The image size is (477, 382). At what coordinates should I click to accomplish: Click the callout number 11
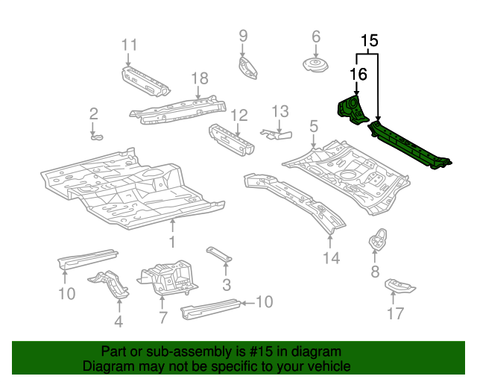pos(130,44)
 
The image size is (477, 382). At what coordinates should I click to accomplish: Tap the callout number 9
pos(242,35)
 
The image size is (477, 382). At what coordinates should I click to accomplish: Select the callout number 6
pos(315,36)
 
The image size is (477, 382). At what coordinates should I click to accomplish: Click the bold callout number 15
pos(370,41)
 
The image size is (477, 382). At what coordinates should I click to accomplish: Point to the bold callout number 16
pos(358,73)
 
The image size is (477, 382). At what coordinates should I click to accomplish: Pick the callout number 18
pos(198,78)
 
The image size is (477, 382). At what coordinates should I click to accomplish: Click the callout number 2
pos(94,113)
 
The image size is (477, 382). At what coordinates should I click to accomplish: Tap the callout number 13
pos(279,111)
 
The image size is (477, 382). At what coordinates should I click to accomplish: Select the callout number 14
pos(331,258)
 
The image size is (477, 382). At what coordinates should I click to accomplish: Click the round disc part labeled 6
pos(314,65)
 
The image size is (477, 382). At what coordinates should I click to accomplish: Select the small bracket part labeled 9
pos(247,66)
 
